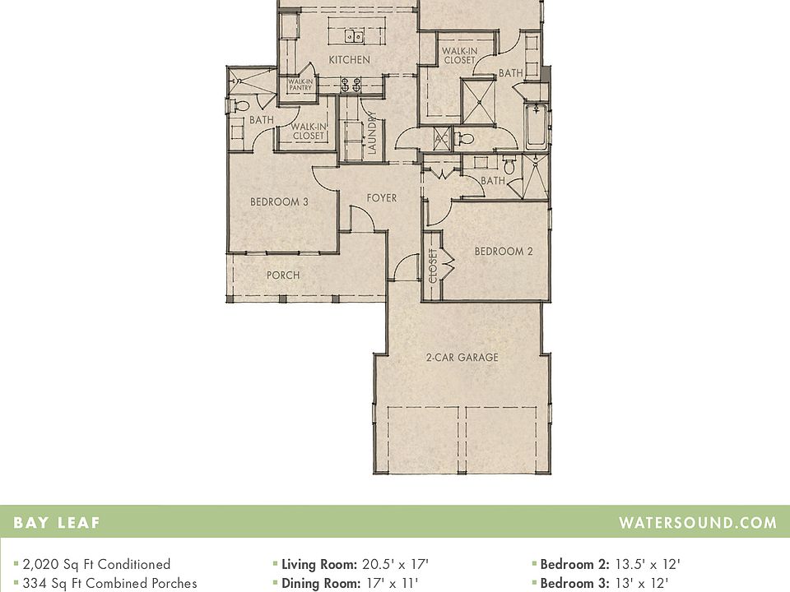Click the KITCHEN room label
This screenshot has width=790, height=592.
tap(349, 60)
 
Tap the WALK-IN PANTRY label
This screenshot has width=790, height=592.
tap(299, 85)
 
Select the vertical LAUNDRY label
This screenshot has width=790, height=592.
tap(372, 133)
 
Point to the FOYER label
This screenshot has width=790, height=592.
tap(381, 198)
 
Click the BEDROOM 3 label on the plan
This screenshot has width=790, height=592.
tap(279, 201)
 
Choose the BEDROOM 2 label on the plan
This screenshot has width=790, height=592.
tap(503, 252)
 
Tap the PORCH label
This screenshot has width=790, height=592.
tap(282, 275)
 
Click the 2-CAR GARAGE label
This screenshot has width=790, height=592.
tap(462, 358)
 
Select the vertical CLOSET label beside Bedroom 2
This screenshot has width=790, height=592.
tap(433, 266)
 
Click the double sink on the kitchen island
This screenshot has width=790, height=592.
tap(355, 35)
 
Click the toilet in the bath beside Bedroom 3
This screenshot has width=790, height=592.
tap(240, 105)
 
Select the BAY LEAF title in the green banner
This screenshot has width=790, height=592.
tap(57, 522)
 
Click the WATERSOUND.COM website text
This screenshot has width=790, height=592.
tap(697, 522)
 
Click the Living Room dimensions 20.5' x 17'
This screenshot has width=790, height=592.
tap(395, 564)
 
